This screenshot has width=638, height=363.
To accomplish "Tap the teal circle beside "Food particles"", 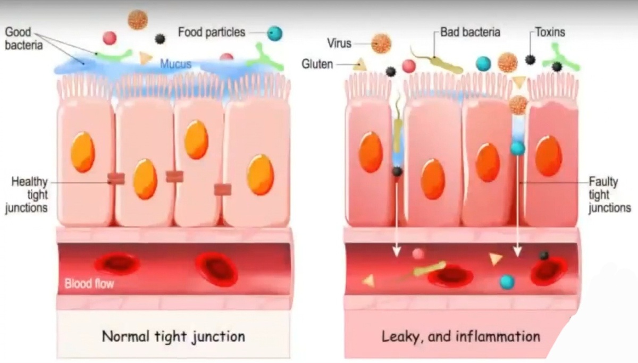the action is (x=274, y=33).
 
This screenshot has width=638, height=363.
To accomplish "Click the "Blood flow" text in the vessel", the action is (x=89, y=284).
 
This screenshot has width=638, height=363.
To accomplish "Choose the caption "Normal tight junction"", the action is (x=173, y=336).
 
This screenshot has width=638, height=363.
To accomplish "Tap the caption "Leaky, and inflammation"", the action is (x=460, y=336).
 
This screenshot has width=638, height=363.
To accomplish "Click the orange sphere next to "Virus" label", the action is (x=381, y=44).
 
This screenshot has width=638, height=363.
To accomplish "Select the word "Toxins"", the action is (x=550, y=32).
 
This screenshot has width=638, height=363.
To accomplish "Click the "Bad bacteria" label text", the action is (x=470, y=32).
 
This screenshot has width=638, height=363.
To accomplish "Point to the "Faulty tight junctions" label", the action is (x=609, y=195).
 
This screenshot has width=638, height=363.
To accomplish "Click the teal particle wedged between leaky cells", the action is (x=517, y=148).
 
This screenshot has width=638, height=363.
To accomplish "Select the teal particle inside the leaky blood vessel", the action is (x=507, y=281).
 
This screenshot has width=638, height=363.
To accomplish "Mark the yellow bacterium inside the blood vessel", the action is (x=429, y=268).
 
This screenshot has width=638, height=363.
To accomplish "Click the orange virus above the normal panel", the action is (x=138, y=19).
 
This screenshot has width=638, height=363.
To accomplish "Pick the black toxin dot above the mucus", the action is (x=159, y=38).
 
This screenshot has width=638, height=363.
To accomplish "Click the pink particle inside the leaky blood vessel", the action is (x=418, y=254).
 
